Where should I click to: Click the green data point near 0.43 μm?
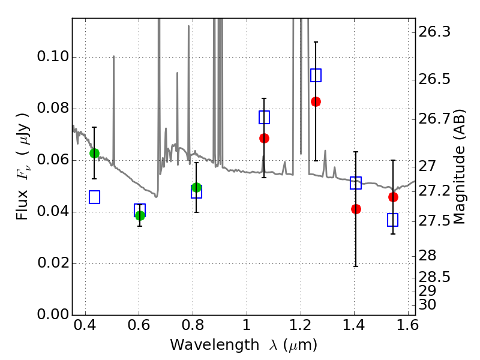point(94,153)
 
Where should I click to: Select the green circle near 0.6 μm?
point(140,215)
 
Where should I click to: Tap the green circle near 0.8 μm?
point(196,188)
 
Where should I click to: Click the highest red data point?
point(316,101)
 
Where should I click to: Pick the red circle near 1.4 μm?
point(356,209)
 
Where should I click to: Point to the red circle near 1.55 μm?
point(393,197)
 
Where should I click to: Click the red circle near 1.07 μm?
point(263,138)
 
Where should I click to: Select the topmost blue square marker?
point(316,75)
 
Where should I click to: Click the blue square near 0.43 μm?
point(94,197)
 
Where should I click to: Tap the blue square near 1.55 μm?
point(393,220)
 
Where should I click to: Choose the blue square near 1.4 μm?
point(356,183)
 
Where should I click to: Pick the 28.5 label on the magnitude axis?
point(435,277)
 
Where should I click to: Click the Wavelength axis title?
point(243,346)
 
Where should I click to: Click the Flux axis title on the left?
point(23,157)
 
